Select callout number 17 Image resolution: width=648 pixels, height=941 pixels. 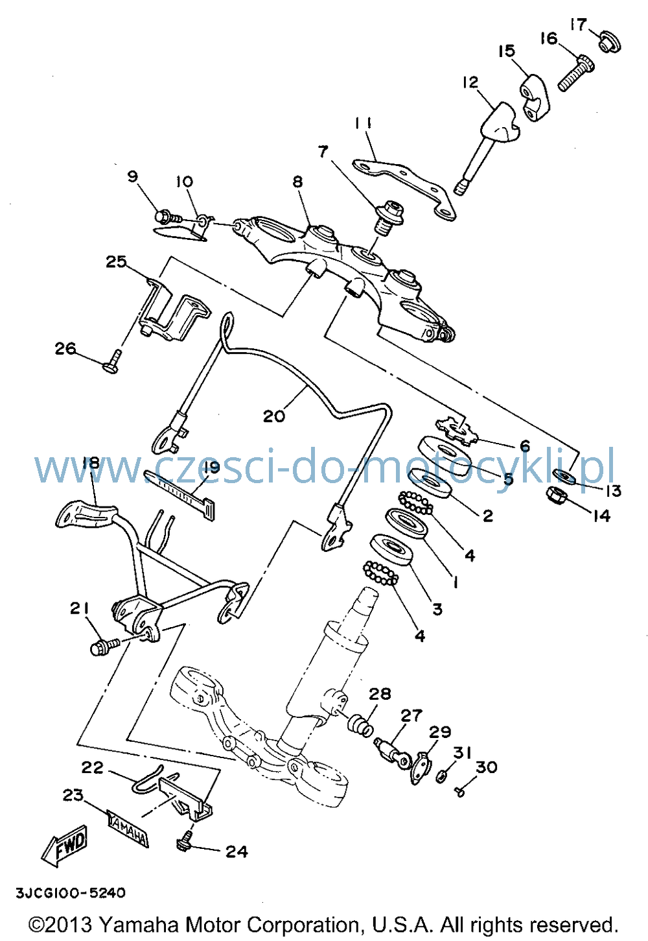coord(578,25)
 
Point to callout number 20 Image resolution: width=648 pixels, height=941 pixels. coord(274,416)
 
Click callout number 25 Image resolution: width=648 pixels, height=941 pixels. coord(116,261)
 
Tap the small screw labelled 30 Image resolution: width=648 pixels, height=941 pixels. coord(459,789)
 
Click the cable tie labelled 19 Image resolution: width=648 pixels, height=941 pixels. coord(179,494)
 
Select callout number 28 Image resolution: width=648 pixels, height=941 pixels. coord(379,693)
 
